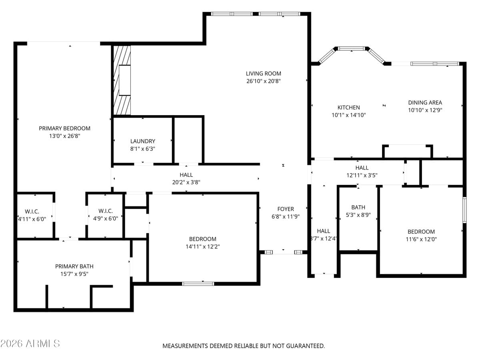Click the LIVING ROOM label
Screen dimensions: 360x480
point(263,73)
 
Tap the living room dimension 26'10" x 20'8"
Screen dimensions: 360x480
point(263,81)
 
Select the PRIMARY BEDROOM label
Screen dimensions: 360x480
point(64,128)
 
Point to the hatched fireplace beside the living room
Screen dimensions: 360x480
point(122,80)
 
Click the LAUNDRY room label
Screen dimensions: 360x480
point(142,141)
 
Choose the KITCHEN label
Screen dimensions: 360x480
point(348,107)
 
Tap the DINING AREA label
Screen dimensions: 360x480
point(425,102)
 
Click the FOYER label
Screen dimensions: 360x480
point(285,209)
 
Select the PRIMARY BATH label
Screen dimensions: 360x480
point(74,266)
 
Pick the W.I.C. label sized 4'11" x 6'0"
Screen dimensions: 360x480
point(32,211)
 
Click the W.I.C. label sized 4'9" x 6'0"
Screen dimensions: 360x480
point(105,211)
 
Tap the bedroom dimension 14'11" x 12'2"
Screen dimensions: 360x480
point(202,247)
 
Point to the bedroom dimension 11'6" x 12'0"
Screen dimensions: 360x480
point(421,240)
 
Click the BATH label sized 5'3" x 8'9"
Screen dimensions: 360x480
point(358,207)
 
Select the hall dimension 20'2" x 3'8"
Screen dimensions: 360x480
point(186,182)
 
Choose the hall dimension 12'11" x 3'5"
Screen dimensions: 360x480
point(362,175)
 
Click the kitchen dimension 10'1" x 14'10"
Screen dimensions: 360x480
point(348,115)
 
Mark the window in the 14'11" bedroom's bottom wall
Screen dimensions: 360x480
point(198,284)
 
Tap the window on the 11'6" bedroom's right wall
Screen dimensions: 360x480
point(464,210)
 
